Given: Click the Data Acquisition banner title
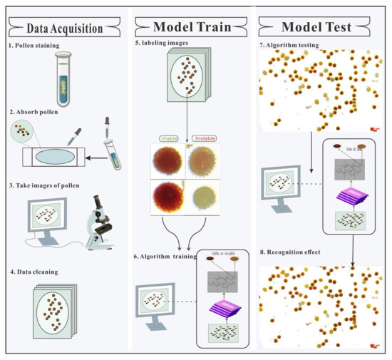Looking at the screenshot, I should tap(66, 29).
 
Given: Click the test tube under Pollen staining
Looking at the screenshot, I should tap(63, 81).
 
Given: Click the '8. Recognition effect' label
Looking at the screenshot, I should tap(300, 252).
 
